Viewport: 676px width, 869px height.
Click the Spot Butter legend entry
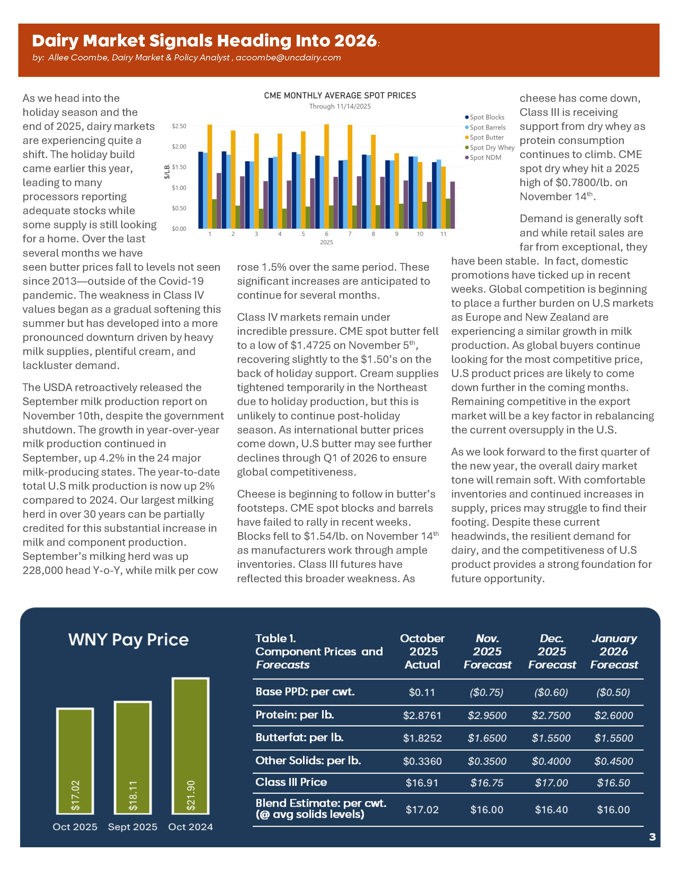click(x=486, y=137)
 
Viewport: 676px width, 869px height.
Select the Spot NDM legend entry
click(x=485, y=157)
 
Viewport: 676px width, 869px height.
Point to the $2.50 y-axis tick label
click(x=179, y=126)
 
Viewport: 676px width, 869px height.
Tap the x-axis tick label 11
click(x=443, y=234)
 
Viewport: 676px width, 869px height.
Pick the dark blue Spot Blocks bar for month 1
click(x=200, y=190)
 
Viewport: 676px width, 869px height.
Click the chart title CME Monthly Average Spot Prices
click(x=340, y=95)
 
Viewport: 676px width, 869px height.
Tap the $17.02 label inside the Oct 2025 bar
click(x=75, y=795)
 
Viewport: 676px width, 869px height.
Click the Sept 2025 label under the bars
click(x=133, y=827)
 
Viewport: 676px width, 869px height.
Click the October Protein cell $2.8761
click(x=422, y=716)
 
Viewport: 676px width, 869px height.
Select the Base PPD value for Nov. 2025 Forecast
click(x=487, y=693)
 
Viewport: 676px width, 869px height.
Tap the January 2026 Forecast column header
click(x=614, y=651)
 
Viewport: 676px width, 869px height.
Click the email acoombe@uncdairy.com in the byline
click(x=288, y=58)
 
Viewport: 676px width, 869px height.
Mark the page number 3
click(x=652, y=837)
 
